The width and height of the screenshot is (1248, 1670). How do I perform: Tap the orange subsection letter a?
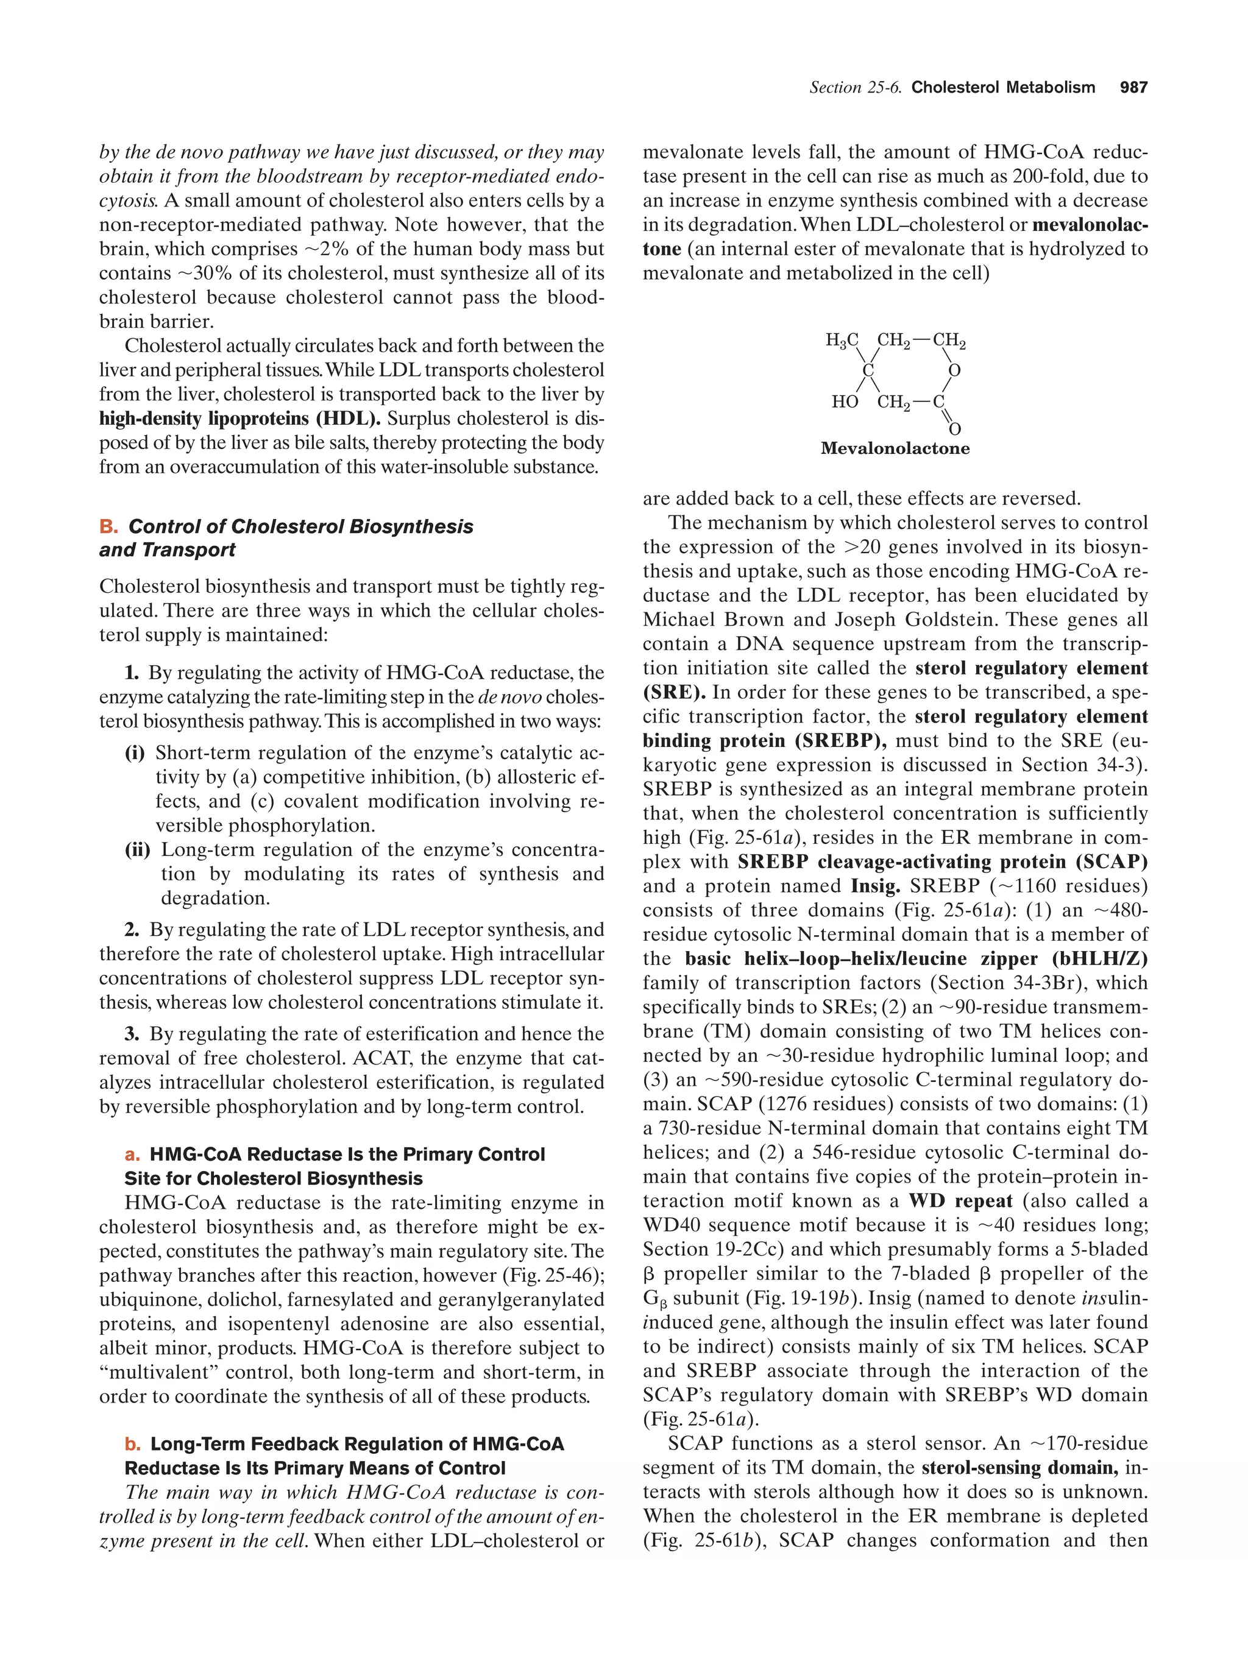pyautogui.click(x=132, y=1155)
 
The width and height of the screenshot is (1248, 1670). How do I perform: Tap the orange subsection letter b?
pyautogui.click(x=132, y=1444)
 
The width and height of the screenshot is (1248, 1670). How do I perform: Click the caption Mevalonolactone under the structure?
pyautogui.click(x=895, y=448)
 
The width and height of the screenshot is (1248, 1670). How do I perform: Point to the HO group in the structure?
pyautogui.click(x=844, y=402)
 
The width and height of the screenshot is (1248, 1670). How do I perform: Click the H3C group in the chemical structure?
pyautogui.click(x=841, y=341)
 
